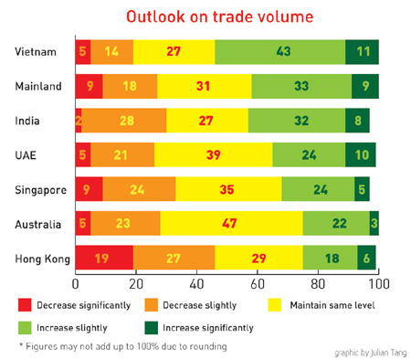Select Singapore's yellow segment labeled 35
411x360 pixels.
pyautogui.click(x=228, y=190)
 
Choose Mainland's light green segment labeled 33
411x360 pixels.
pyautogui.click(x=301, y=87)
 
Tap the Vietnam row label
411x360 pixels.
pyautogui.click(x=42, y=52)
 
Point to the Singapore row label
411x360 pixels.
pyautogui.click(x=38, y=190)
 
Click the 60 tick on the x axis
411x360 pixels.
pyautogui.click(x=258, y=284)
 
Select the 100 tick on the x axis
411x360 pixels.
pyautogui.click(x=376, y=284)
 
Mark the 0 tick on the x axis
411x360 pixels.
pyautogui.click(x=75, y=284)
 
